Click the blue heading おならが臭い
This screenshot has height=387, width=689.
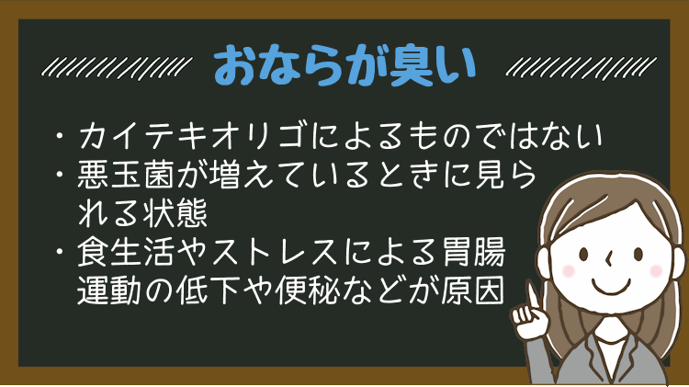[344, 66]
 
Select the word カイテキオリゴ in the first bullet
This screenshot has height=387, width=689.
[192, 135]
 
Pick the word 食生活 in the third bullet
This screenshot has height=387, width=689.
[127, 253]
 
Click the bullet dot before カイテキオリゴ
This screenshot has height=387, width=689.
[60, 135]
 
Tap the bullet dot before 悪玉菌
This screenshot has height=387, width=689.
[60, 175]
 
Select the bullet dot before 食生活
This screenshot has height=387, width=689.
[60, 253]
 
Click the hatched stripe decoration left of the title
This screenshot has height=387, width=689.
[117, 68]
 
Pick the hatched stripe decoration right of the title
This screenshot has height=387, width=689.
[581, 68]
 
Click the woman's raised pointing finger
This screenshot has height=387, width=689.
[532, 295]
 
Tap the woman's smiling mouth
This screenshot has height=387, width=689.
[611, 287]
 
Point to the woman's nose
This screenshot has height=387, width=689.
[608, 259]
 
